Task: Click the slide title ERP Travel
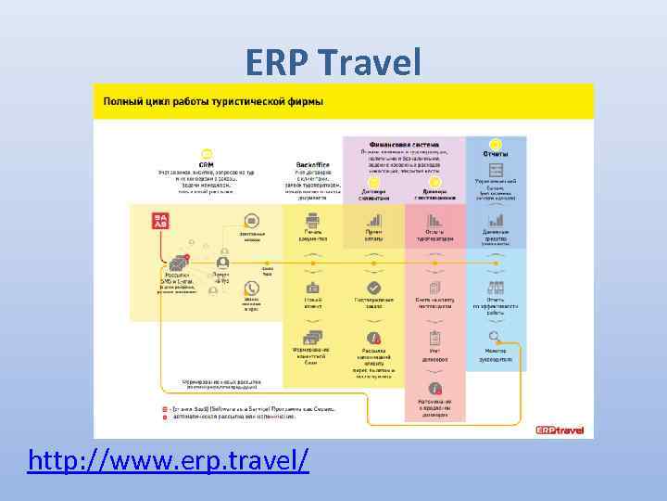333,62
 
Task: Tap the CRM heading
206,162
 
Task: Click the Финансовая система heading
403,145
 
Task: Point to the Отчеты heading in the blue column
496,153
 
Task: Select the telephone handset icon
251,288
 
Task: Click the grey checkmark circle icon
373,288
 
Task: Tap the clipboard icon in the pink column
434,338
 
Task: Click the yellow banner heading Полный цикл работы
213,100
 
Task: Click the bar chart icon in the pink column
434,221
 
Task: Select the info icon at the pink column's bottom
434,389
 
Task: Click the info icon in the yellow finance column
373,338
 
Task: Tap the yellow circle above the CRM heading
206,152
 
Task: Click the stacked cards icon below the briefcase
312,338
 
